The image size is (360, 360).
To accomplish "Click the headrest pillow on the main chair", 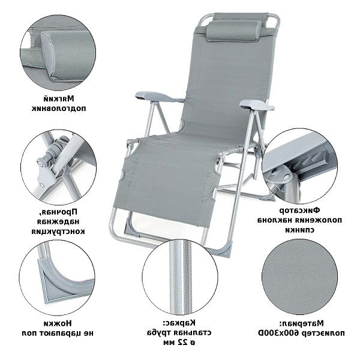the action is (x=234, y=31).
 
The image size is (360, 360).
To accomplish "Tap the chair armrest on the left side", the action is (x=159, y=97).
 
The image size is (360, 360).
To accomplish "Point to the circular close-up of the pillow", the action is (x=58, y=52).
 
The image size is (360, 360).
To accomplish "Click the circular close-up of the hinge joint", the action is (x=59, y=167).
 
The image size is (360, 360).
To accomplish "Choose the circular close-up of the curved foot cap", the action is (x=57, y=278).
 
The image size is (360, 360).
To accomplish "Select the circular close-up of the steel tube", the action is (x=180, y=277).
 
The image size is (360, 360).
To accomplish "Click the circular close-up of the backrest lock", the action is (x=299, y=166).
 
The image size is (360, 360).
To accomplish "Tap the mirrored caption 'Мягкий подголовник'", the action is (x=59, y=104).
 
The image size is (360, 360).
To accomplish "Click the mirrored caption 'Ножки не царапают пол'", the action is (x=58, y=328).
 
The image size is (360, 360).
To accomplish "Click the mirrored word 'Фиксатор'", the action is (x=299, y=210).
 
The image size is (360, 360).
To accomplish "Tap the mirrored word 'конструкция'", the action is (x=58, y=231).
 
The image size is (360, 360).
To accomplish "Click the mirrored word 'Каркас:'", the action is (x=179, y=323).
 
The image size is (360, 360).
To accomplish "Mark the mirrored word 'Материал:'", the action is (x=301, y=323).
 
